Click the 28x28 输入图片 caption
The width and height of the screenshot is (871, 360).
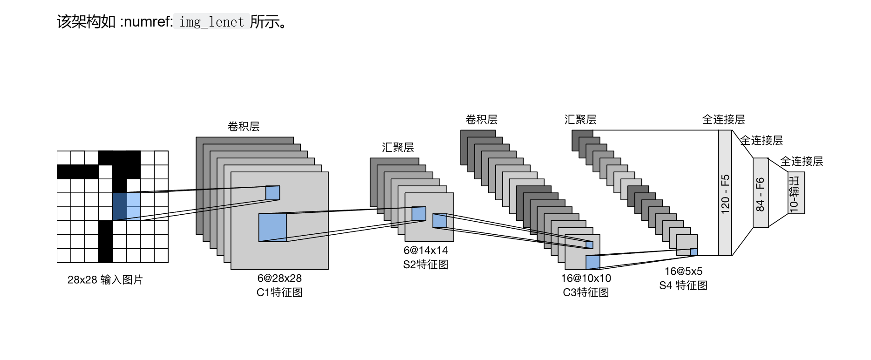click(105, 280)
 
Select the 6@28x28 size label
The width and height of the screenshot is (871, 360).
click(279, 278)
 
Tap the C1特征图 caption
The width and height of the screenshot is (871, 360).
click(279, 292)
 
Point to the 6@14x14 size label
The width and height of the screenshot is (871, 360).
click(426, 251)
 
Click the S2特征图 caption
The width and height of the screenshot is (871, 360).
click(426, 265)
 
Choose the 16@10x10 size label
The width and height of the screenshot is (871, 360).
click(586, 278)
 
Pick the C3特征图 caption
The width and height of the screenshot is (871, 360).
click(586, 292)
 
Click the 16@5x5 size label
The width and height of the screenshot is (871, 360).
click(683, 271)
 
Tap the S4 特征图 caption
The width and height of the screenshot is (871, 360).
click(683, 285)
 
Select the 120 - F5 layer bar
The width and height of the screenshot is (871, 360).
click(725, 193)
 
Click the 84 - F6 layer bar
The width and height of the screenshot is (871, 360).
click(760, 193)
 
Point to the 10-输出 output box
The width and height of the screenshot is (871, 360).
click(796, 193)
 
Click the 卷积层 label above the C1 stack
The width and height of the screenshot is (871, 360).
click(244, 126)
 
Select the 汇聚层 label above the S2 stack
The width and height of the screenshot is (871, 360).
click(398, 147)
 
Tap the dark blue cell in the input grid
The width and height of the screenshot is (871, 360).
click(120, 206)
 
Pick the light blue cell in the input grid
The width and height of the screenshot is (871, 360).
click(134, 206)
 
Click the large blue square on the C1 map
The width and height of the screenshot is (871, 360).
click(272, 227)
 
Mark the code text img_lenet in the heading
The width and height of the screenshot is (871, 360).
click(211, 22)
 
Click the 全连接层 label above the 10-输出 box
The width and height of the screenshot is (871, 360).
click(802, 161)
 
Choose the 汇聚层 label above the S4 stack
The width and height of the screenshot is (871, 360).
click(580, 119)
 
